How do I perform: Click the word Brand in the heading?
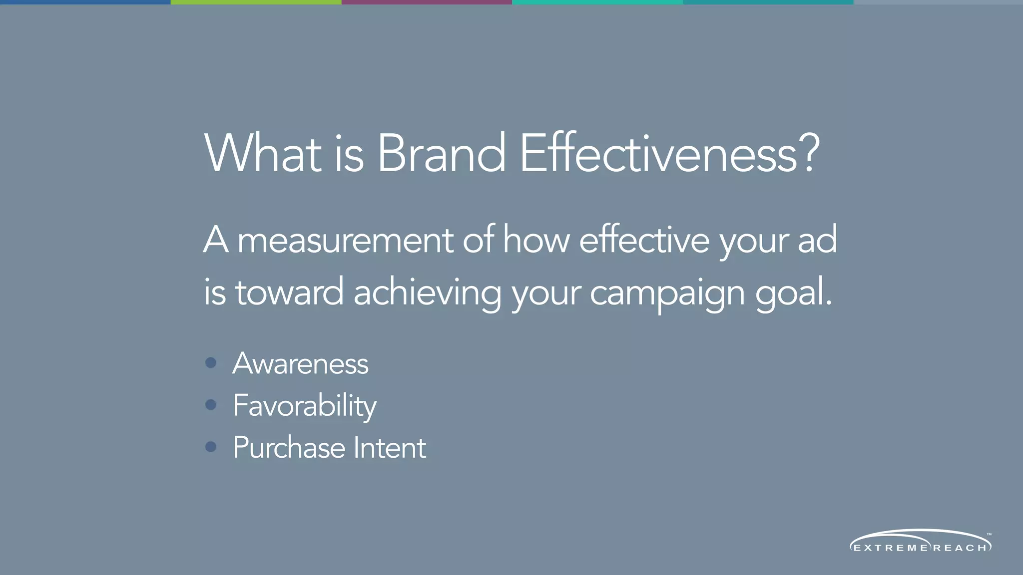[441, 154]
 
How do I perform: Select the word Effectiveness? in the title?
[669, 154]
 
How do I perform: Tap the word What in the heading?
[263, 154]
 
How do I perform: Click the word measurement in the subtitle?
[345, 241]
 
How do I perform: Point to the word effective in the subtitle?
[644, 241]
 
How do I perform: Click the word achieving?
[428, 293]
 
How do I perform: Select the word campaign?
[667, 293]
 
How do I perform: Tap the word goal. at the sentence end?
[793, 293]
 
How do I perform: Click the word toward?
[289, 293]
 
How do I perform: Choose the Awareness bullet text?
[301, 363]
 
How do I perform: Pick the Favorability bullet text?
[305, 406]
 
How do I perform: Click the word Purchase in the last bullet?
[289, 448]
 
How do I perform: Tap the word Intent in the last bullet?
[390, 448]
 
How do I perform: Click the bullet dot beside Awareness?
[211, 363]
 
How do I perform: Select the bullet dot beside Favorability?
[211, 405]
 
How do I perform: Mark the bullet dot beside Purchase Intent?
[211, 447]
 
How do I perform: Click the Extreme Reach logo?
[920, 542]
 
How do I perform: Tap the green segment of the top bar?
[256, 2]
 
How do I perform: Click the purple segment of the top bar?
[427, 2]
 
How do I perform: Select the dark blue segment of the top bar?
[85, 2]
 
